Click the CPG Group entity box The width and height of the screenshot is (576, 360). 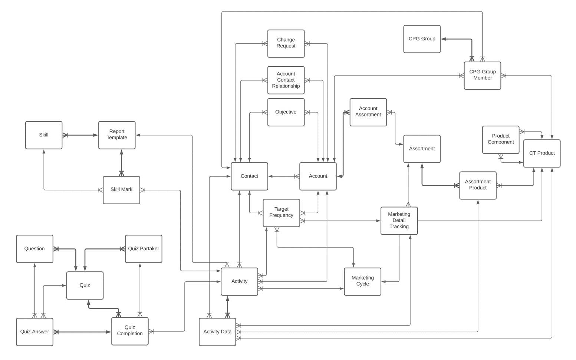tap(422, 39)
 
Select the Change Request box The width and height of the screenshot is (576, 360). tap(286, 43)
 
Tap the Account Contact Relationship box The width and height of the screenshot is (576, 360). tap(286, 80)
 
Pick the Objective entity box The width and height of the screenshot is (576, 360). tap(286, 112)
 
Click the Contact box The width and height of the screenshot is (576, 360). tap(249, 176)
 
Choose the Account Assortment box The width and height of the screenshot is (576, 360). tap(368, 112)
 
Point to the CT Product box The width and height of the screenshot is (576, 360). tap(542, 153)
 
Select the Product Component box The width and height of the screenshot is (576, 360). tap(500, 139)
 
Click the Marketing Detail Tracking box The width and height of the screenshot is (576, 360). tap(399, 221)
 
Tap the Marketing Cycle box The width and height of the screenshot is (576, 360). tap(362, 281)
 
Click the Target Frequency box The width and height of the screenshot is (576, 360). tap(281, 213)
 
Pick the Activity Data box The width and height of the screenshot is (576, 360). tap(217, 332)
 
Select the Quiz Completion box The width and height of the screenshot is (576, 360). tap(130, 331)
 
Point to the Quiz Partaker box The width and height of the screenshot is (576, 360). tap(144, 249)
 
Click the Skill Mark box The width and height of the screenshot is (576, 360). tap(121, 190)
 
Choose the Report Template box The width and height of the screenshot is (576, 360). tap(117, 135)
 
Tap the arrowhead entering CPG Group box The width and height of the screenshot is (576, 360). tap(444, 39)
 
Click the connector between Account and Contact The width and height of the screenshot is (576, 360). tap(284, 176)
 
